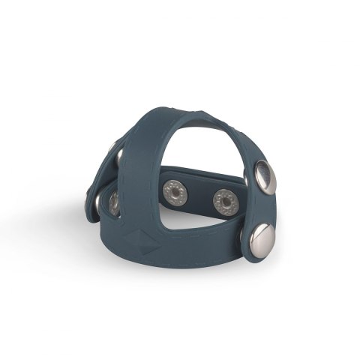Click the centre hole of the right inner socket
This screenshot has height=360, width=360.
click(x=223, y=201)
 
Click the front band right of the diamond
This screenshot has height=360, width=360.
click(x=187, y=251)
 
